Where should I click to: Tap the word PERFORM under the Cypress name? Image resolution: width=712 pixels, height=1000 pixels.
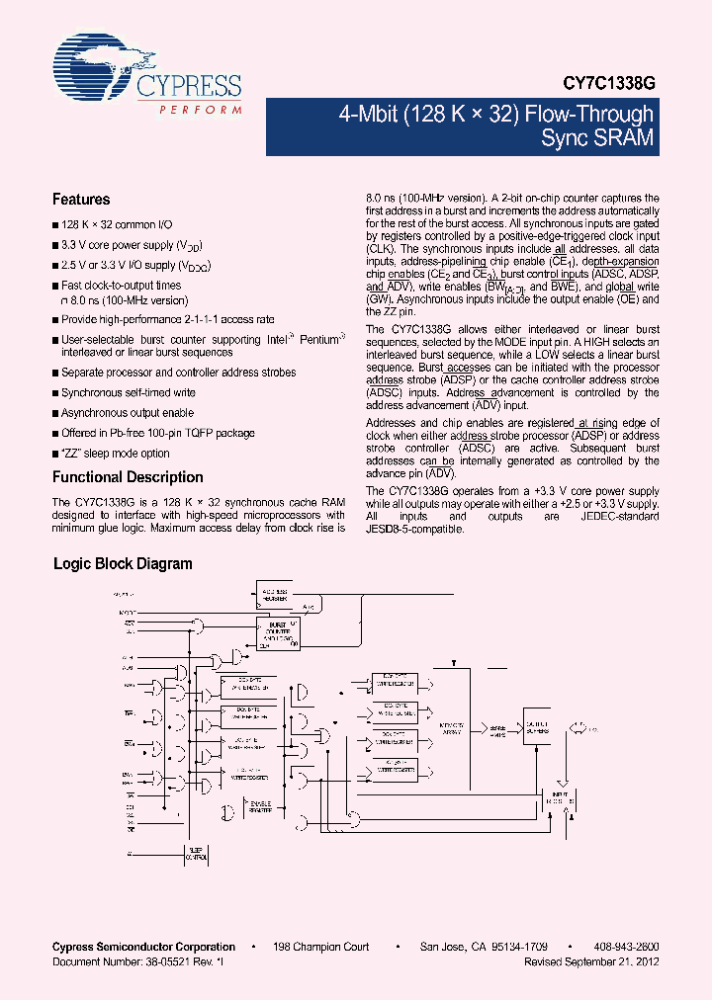(x=201, y=109)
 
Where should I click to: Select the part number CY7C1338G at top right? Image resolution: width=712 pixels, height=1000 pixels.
(x=611, y=86)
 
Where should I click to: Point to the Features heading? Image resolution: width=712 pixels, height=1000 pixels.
(x=81, y=199)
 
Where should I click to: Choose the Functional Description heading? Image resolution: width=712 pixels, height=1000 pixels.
(x=128, y=477)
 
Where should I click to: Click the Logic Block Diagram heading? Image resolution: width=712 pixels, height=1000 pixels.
(x=122, y=564)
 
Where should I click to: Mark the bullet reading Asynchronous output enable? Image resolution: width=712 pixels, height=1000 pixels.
(x=128, y=413)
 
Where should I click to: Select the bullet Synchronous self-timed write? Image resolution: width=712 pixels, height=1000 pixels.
(x=128, y=392)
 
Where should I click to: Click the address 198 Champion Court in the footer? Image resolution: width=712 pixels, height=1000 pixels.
(x=322, y=947)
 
